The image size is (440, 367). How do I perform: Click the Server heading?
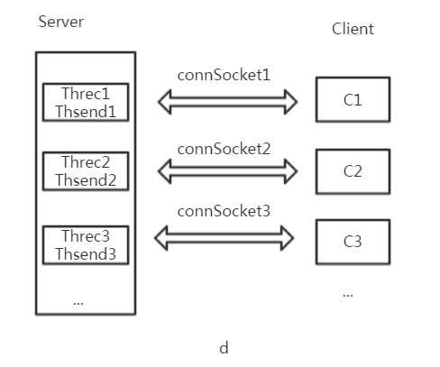click(61, 22)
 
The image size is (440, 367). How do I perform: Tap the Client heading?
click(353, 29)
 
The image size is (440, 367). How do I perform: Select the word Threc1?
click(86, 94)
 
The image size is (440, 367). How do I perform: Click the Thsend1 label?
click(86, 112)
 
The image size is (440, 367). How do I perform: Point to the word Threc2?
click(86, 162)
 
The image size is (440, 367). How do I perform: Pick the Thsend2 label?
click(86, 180)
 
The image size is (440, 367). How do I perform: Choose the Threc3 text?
click(86, 236)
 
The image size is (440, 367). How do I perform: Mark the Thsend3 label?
click(86, 254)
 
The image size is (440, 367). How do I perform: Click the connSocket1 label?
click(224, 75)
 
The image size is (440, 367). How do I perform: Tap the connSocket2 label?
click(224, 149)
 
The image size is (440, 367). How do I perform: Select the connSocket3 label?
click(224, 211)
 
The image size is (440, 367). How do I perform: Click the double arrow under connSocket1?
click(227, 99)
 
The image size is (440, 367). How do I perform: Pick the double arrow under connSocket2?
click(227, 169)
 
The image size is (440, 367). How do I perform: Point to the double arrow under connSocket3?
click(224, 234)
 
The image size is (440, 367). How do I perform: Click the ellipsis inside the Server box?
click(78, 304)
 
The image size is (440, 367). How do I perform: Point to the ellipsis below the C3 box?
click(348, 296)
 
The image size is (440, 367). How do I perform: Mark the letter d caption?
click(224, 348)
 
